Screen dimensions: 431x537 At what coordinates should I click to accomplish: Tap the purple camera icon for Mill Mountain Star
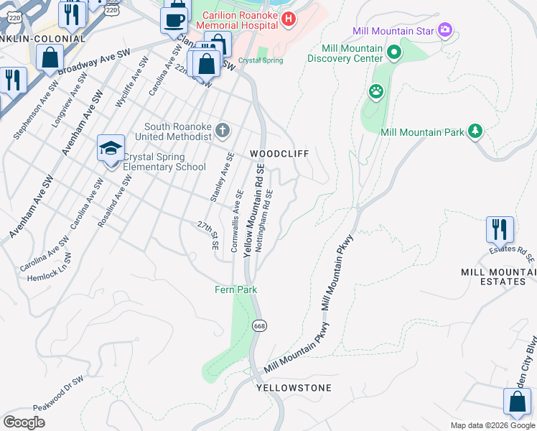tap(445, 30)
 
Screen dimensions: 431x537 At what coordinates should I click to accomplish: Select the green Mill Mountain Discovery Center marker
tap(393, 52)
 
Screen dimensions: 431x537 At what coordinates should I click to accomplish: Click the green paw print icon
tap(375, 92)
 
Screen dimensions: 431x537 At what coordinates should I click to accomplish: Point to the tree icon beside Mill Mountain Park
tap(474, 131)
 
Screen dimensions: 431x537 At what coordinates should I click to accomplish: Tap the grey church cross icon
tap(223, 131)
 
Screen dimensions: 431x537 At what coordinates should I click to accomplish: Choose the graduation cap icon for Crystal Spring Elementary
tap(111, 149)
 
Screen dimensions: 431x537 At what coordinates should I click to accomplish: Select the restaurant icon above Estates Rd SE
tap(500, 229)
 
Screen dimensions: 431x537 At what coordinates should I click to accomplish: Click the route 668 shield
tap(259, 325)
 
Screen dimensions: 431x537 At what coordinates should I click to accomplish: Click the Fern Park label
tap(235, 289)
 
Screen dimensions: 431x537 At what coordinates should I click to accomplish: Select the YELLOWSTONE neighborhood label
tap(294, 388)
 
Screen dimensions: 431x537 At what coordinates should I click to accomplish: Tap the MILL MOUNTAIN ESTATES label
tap(499, 277)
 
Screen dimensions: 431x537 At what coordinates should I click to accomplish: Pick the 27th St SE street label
tap(210, 235)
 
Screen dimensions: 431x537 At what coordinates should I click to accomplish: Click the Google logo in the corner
tap(24, 422)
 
